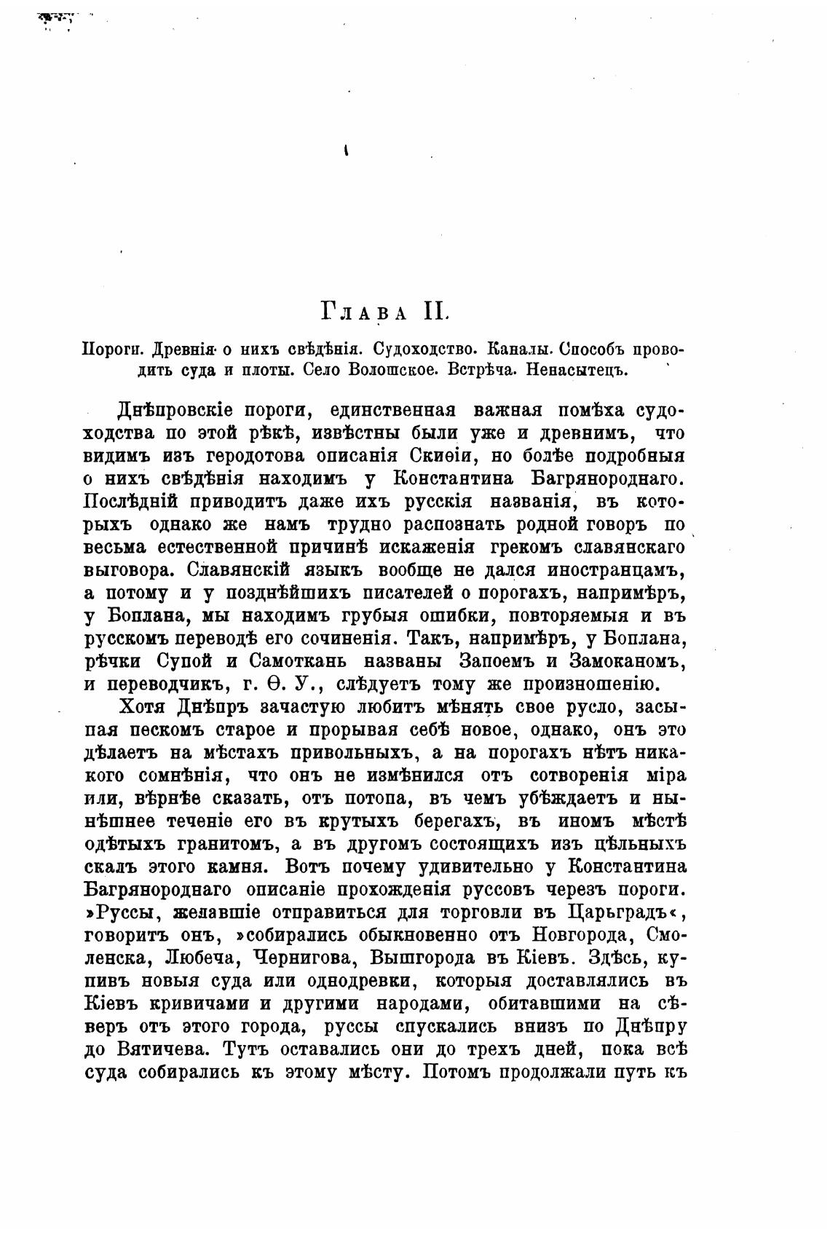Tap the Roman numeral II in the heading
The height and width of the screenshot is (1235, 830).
435,311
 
